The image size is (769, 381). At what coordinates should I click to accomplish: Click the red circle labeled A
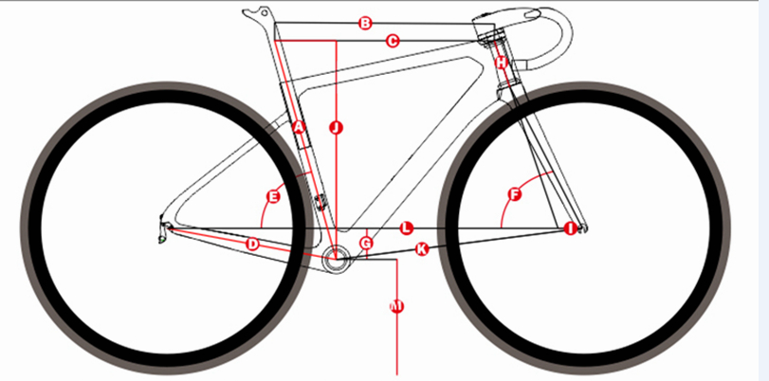[x=299, y=128]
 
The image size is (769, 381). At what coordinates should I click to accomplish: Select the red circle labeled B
[x=365, y=23]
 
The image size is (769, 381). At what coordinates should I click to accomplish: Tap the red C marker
[x=393, y=41]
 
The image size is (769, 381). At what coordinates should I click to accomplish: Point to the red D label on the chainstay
[x=252, y=244]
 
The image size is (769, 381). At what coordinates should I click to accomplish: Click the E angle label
[x=273, y=197]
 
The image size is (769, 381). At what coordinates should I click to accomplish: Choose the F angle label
[x=515, y=194]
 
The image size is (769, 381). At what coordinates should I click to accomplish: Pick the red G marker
[x=366, y=243]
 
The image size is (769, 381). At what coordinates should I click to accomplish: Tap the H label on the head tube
[x=501, y=63]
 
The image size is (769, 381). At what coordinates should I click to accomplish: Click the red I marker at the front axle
[x=570, y=228]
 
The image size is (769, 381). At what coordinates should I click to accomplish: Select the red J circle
[x=336, y=128]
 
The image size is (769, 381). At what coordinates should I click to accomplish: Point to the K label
[x=421, y=249]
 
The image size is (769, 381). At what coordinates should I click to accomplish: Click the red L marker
[x=406, y=228]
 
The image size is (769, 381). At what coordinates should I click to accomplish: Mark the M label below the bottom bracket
[x=396, y=306]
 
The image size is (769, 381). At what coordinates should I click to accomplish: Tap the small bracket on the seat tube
[x=320, y=202]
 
